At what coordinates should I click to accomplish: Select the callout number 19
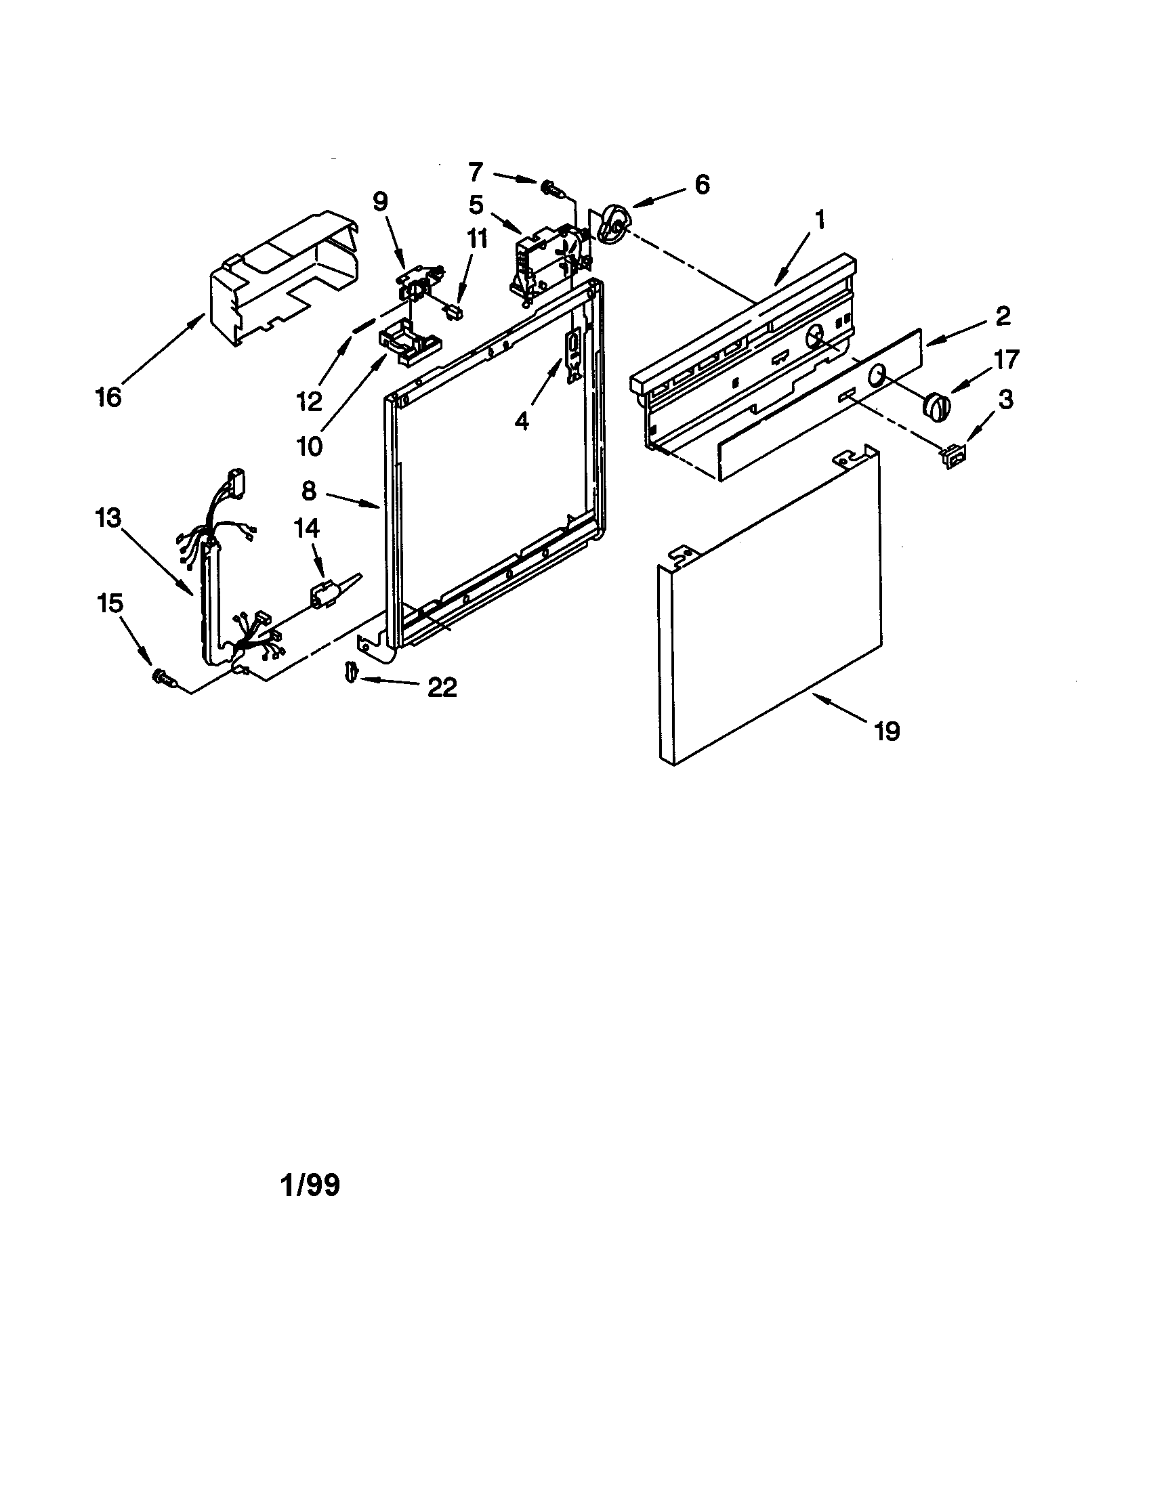(887, 731)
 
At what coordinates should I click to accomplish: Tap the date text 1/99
(310, 1185)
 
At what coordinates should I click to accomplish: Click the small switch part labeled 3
(953, 456)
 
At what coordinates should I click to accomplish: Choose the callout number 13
(108, 519)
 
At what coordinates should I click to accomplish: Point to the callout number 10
(309, 447)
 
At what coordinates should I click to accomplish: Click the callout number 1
(820, 219)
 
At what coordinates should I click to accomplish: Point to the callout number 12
(309, 401)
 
